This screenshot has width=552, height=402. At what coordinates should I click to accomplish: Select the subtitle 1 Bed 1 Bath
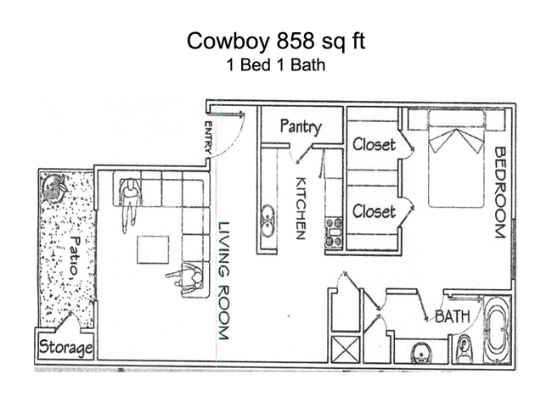276,64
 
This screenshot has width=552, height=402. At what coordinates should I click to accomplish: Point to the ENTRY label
207,139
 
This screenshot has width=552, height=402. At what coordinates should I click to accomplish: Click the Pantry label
301,127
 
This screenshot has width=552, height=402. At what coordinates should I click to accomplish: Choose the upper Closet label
374,144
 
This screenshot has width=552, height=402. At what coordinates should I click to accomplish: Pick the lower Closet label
374,210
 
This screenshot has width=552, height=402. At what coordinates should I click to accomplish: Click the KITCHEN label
300,208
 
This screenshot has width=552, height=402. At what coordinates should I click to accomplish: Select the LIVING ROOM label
224,281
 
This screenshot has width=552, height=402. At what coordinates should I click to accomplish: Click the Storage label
64,349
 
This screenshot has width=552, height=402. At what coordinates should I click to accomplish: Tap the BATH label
453,317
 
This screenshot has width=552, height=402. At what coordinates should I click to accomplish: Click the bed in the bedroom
457,161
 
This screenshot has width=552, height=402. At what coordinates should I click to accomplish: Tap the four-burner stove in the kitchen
333,232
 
